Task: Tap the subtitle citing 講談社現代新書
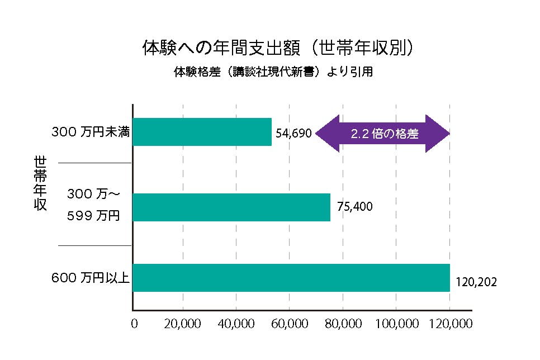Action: [273, 72]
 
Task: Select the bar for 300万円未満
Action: [202, 132]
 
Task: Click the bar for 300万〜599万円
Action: [231, 207]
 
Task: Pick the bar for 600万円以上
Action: [291, 277]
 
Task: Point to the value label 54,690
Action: [293, 134]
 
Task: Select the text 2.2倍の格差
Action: [385, 134]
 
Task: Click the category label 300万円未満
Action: [91, 132]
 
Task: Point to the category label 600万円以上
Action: [91, 278]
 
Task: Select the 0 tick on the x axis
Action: [134, 324]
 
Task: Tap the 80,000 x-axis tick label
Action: [343, 324]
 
